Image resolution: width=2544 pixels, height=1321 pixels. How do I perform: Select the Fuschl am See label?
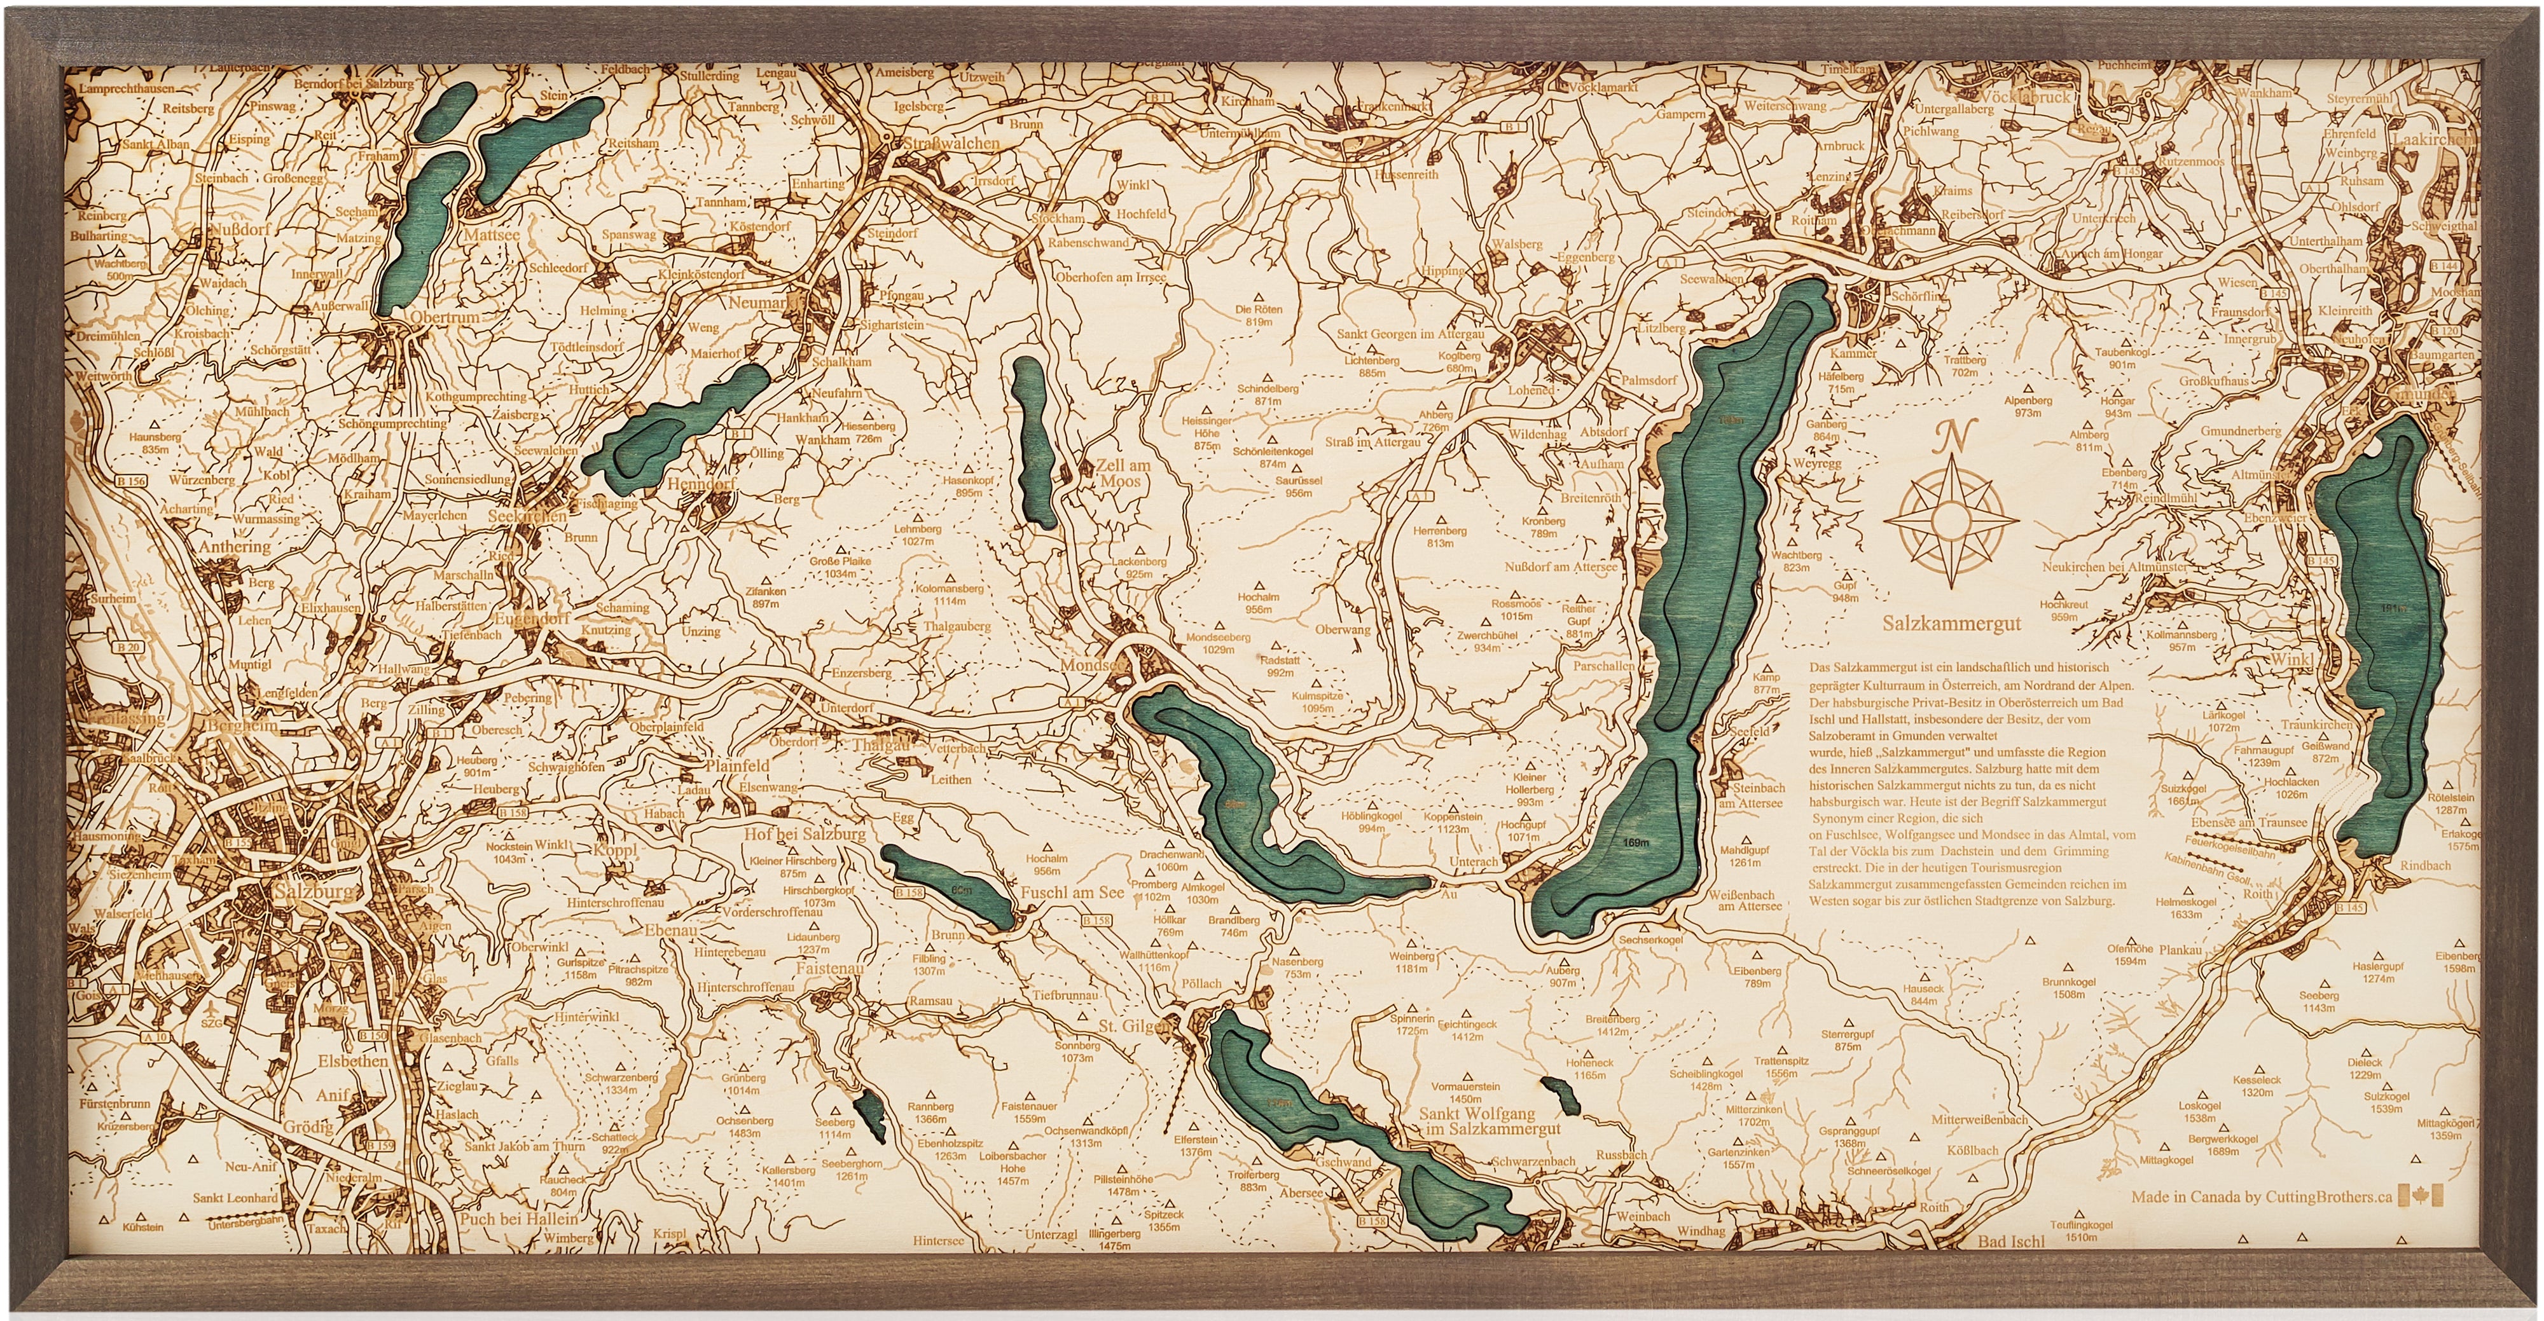click(x=1072, y=893)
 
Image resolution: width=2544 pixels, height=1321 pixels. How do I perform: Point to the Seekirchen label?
click(x=529, y=516)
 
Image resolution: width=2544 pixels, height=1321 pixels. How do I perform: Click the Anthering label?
click(x=235, y=546)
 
